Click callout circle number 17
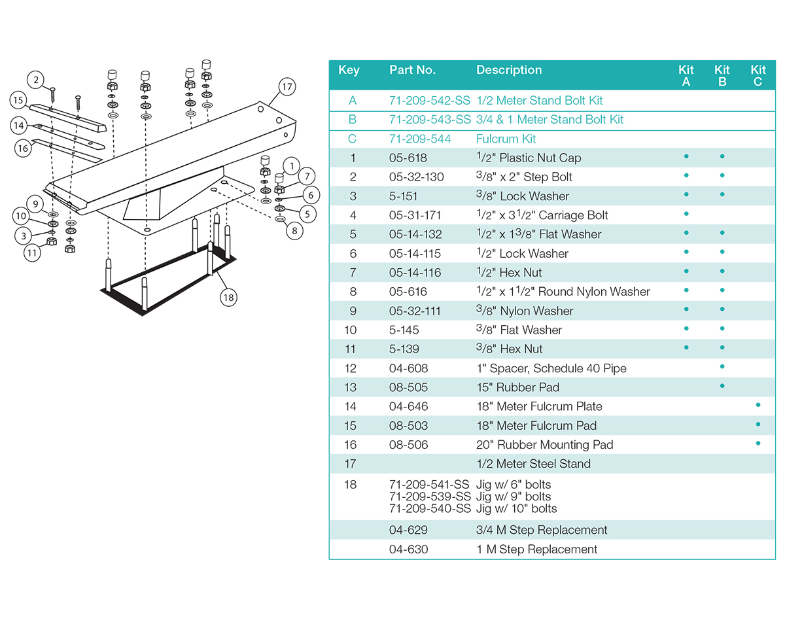(287, 86)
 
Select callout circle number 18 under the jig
(228, 298)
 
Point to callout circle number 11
(33, 253)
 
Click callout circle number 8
(294, 230)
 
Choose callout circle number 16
(24, 148)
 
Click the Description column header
(509, 70)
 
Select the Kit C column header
(758, 75)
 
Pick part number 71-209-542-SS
(429, 101)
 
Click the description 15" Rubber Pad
(517, 387)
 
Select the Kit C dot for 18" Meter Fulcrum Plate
(758, 406)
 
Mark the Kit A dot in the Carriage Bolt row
(686, 214)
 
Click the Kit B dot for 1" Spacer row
(722, 367)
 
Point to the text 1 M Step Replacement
(536, 549)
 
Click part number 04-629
(408, 530)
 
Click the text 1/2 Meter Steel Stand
(533, 464)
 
